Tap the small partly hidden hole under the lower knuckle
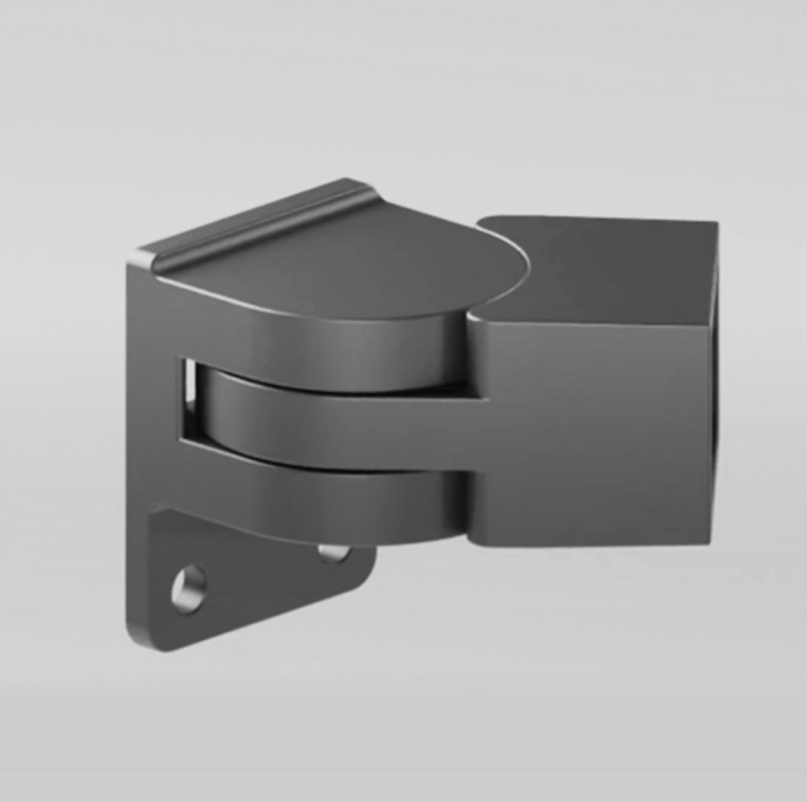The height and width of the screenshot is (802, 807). (x=333, y=554)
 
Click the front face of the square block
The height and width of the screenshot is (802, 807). (x=593, y=429)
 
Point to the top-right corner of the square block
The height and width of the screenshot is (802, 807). (x=716, y=223)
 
